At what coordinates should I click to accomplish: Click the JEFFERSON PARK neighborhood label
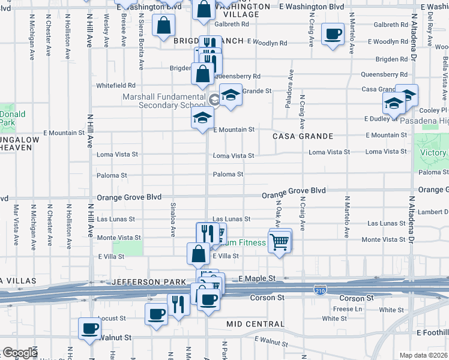[x=160, y=281]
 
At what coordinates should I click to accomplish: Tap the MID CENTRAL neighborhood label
[x=255, y=324]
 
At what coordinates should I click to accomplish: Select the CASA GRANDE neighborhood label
[x=303, y=136]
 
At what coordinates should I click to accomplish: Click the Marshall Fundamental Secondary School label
[x=164, y=101]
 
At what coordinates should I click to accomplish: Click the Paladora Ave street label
[x=289, y=88]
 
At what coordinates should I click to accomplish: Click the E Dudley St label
[x=378, y=119]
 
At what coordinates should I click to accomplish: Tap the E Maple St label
[x=256, y=279]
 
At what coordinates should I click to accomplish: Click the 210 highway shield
[x=320, y=290]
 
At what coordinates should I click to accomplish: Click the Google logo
[x=20, y=353]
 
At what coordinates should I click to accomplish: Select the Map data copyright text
[x=423, y=355]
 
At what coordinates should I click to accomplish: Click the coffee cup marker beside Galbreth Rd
[x=332, y=34]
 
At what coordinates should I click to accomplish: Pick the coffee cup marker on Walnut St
[x=90, y=328]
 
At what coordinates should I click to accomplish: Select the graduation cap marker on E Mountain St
[x=203, y=118]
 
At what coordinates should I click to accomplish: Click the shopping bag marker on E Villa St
[x=198, y=254]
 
